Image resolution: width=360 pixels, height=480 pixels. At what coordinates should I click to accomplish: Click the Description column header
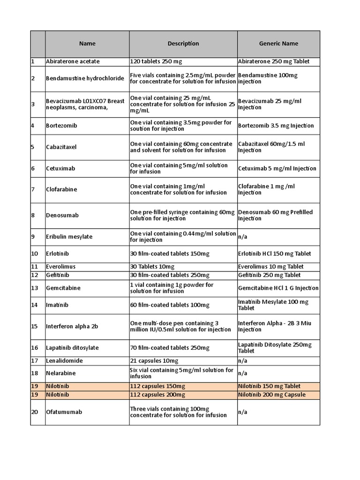(x=183, y=44)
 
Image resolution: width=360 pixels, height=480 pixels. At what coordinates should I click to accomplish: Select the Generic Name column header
(x=278, y=44)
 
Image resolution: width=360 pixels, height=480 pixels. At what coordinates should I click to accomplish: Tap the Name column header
(x=87, y=44)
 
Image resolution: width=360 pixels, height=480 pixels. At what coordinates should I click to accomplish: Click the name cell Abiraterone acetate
(x=73, y=61)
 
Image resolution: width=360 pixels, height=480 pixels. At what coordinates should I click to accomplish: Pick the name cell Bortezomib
(x=61, y=126)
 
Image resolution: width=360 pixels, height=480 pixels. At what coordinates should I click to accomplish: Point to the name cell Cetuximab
(x=61, y=168)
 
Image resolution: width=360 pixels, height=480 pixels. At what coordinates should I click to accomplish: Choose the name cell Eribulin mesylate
(x=69, y=237)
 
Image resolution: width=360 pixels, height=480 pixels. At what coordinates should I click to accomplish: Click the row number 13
(x=35, y=288)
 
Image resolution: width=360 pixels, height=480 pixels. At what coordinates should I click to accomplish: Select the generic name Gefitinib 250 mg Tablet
(x=270, y=275)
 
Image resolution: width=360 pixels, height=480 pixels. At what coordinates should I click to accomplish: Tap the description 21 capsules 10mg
(x=154, y=361)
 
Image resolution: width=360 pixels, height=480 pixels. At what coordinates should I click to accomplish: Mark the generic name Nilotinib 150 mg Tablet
(x=270, y=386)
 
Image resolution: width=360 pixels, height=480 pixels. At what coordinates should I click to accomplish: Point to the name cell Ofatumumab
(x=64, y=412)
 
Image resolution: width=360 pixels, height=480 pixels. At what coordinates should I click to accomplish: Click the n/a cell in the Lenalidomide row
(x=243, y=361)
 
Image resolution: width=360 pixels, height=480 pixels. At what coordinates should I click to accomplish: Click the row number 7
(x=33, y=189)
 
